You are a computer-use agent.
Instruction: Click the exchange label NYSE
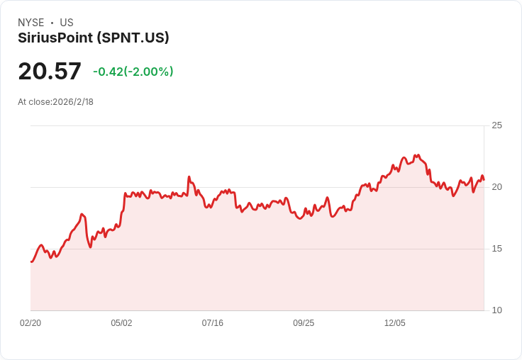click(x=30, y=23)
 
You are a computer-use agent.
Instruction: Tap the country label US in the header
click(x=67, y=23)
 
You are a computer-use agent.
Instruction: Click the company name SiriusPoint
click(x=55, y=38)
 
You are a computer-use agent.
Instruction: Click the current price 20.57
click(x=50, y=71)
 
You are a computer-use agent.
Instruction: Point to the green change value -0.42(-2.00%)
click(x=133, y=72)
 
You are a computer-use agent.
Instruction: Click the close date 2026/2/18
click(x=73, y=102)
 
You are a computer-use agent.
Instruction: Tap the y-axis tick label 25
click(x=496, y=125)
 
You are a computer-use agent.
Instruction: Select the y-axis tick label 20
click(x=496, y=187)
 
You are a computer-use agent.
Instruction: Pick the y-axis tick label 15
click(x=496, y=249)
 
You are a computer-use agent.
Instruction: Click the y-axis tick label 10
click(x=496, y=310)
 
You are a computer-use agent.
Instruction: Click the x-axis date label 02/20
click(x=30, y=323)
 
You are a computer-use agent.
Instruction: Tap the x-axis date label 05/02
click(x=121, y=323)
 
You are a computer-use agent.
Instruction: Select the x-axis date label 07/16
click(x=212, y=323)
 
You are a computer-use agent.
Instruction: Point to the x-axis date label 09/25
click(x=304, y=323)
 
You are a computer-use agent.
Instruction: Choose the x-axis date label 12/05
click(x=394, y=323)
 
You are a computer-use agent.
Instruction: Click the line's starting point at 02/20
click(x=31, y=261)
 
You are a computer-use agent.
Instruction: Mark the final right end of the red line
click(x=484, y=179)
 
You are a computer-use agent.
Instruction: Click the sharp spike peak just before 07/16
click(x=189, y=177)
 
